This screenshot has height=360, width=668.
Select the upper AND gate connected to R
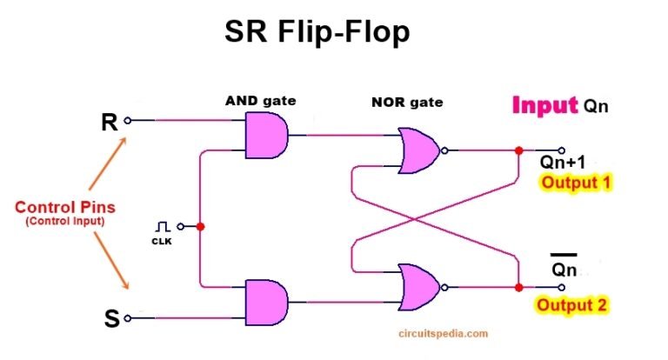266,135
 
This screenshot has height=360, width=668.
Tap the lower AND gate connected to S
266,301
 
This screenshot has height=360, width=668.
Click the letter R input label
110,123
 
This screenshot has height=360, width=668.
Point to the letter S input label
111,319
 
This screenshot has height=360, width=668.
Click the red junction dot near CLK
201,226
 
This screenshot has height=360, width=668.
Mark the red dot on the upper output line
518,150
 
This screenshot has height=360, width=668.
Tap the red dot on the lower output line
518,287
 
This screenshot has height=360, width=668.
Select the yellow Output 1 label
577,183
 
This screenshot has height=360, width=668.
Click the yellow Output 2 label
571,305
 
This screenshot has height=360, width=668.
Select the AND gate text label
260,101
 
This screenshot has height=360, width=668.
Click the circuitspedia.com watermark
445,332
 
